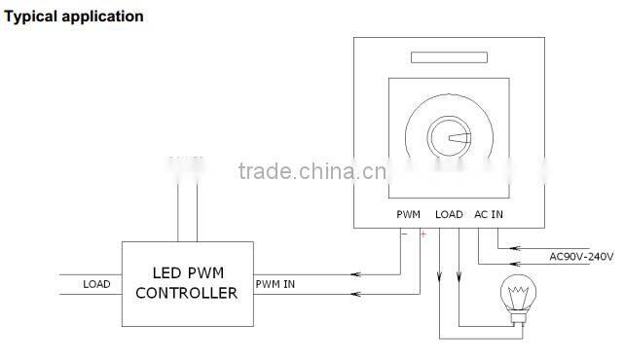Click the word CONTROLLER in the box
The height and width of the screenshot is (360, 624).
pos(186,292)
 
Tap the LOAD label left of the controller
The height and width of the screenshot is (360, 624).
pos(96,284)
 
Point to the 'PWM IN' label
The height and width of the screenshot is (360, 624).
pos(276,284)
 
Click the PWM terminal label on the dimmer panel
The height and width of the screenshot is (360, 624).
pos(408,214)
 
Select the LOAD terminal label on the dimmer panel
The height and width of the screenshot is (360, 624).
pos(449,214)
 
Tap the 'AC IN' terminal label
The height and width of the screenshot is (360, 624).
pos(489,214)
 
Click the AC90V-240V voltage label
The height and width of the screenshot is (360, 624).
pos(581,257)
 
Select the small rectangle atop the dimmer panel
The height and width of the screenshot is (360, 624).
pos(449,58)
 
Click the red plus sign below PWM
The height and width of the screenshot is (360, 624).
pos(422,234)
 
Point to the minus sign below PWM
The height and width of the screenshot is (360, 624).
pos(404,233)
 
